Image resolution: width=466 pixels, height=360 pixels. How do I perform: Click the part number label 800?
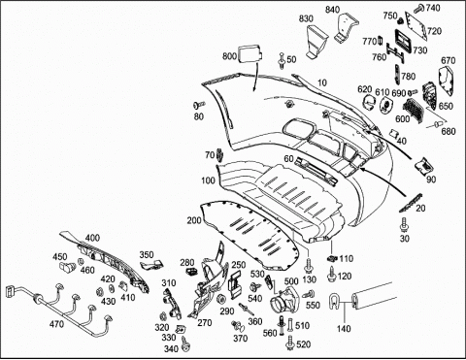229,56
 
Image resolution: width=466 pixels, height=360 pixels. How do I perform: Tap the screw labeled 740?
419,7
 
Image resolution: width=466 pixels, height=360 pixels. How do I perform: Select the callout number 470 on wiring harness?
56,323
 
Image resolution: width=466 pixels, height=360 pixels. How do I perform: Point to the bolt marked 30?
404,224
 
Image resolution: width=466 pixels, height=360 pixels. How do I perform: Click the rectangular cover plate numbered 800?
250,52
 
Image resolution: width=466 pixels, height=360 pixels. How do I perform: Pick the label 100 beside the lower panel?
208,180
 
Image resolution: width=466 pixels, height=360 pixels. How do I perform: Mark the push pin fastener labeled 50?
282,61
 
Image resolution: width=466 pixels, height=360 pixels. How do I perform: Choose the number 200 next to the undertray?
194,220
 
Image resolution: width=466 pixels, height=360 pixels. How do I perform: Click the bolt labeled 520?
290,344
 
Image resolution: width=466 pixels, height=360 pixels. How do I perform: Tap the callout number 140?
344,329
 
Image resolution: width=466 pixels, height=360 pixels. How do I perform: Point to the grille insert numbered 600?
413,110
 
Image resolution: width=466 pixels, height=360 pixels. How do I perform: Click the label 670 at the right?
449,60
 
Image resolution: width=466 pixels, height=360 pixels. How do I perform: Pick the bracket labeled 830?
316,42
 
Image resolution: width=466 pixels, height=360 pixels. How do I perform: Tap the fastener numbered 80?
198,105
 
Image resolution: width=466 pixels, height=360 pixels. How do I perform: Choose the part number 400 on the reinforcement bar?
92,238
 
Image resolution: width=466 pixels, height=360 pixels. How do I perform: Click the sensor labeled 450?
67,267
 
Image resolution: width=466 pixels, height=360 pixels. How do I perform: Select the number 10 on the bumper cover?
322,82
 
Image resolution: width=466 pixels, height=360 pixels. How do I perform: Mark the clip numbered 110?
331,258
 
